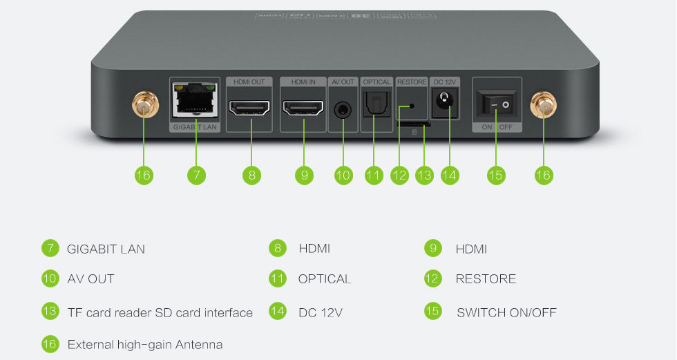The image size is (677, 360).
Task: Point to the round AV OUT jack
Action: pyautogui.click(x=343, y=109)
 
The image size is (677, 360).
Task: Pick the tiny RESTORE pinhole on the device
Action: pyautogui.click(x=412, y=106)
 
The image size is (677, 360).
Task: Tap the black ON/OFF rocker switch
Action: pyautogui.click(x=496, y=105)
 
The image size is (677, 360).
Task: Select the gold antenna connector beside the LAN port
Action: pyautogui.click(x=144, y=106)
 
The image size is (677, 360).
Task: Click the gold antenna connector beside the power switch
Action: pyautogui.click(x=543, y=106)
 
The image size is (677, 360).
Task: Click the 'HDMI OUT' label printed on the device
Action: pyautogui.click(x=251, y=82)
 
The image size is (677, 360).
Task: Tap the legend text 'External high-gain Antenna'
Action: pyautogui.click(x=145, y=344)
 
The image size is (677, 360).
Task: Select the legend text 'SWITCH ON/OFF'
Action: pyautogui.click(x=506, y=312)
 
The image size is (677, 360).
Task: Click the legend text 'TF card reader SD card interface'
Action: pyautogui.click(x=160, y=312)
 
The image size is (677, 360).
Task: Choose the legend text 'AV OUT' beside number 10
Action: pyautogui.click(x=90, y=279)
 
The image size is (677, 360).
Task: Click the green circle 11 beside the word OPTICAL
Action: pyautogui.click(x=278, y=278)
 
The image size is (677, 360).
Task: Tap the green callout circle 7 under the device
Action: pyautogui.click(x=196, y=176)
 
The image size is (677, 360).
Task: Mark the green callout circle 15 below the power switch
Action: pyautogui.click(x=495, y=176)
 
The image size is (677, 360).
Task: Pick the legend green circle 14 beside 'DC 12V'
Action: pyautogui.click(x=278, y=312)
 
